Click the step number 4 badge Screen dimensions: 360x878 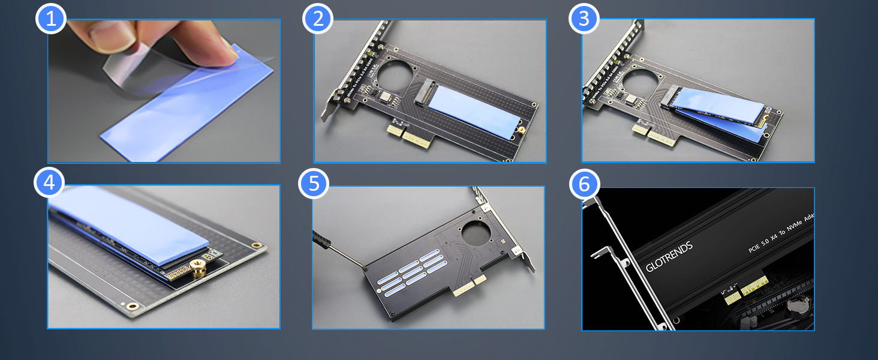coord(49,182)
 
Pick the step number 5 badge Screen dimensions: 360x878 coord(314,182)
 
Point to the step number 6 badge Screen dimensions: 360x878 coord(584,184)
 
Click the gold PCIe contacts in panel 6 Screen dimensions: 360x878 coord(746,288)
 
